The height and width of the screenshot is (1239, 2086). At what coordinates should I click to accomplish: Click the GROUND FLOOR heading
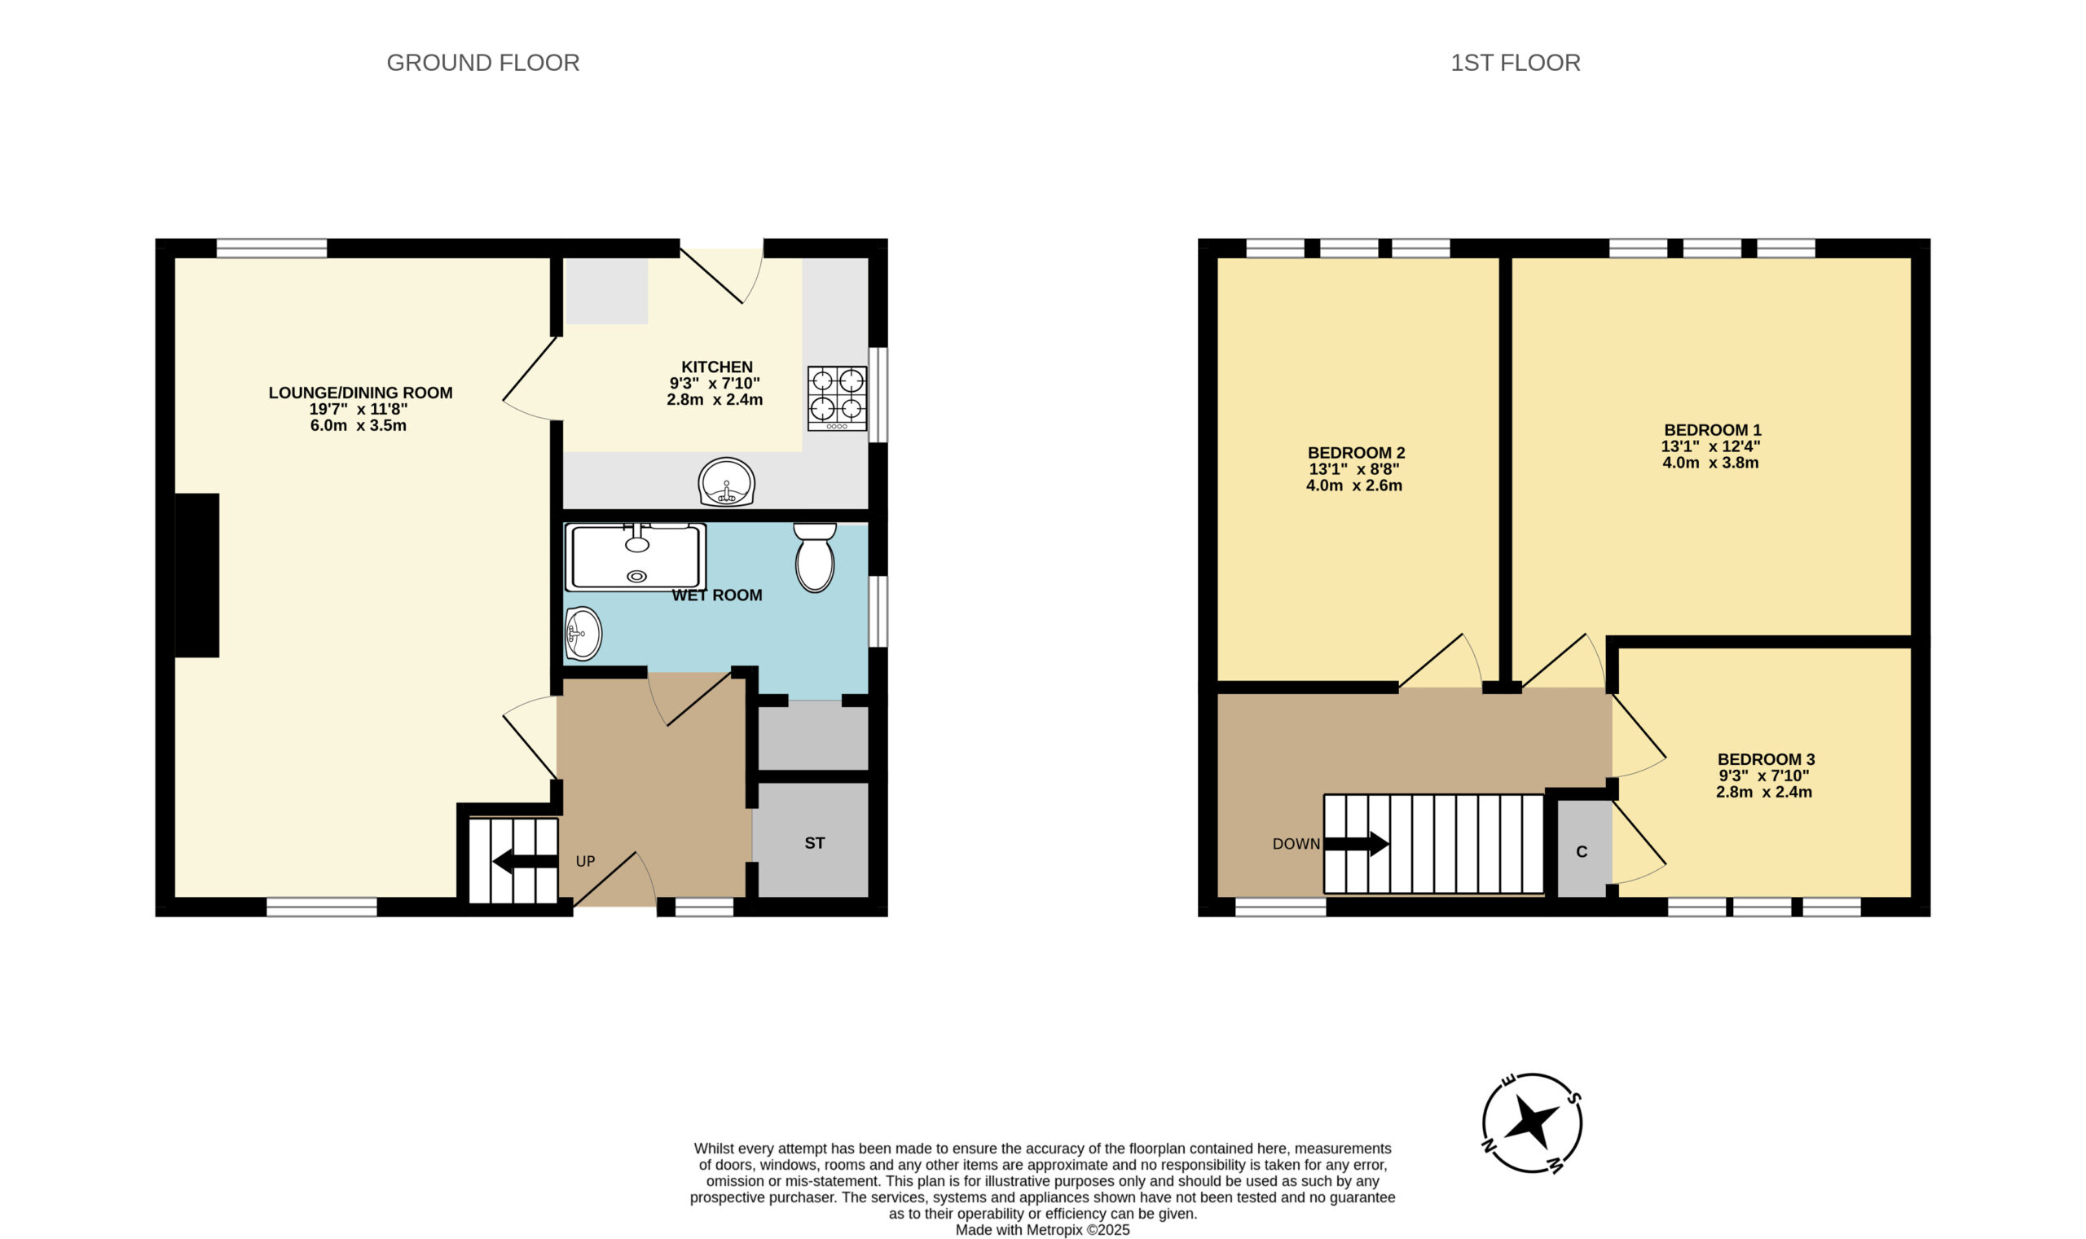[x=482, y=63]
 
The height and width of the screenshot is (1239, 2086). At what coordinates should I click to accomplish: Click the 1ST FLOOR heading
[x=1515, y=63]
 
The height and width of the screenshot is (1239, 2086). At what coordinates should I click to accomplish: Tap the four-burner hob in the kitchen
[x=837, y=399]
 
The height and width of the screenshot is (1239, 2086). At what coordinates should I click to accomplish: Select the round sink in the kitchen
[x=727, y=481]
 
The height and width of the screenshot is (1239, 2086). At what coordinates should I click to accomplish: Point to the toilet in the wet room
[x=814, y=557]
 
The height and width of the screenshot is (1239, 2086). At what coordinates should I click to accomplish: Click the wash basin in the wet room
[x=583, y=633]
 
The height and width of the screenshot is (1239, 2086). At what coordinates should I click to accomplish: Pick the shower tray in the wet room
[x=635, y=557]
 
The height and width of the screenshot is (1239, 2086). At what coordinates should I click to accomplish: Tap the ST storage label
[x=814, y=843]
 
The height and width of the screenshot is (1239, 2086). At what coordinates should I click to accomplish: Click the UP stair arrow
[x=526, y=861]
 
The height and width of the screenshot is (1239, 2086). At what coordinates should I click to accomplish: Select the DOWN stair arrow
[x=1356, y=843]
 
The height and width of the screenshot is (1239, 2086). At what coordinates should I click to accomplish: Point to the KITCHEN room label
[x=716, y=367]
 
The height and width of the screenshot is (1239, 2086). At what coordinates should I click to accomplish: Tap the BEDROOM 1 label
[x=1712, y=430]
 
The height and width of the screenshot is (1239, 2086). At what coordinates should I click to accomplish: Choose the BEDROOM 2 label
[x=1356, y=453]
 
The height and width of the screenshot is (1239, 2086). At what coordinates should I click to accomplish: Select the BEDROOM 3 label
[x=1765, y=759]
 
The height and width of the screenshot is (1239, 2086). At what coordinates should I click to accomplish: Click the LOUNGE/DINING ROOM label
[x=360, y=393]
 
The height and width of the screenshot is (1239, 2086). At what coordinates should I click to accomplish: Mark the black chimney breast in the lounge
[x=197, y=575]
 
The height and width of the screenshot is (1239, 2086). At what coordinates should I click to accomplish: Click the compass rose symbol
[x=1532, y=1123]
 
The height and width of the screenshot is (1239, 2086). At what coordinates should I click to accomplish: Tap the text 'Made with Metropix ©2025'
[x=1042, y=1230]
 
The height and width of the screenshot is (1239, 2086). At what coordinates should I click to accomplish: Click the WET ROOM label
[x=716, y=595]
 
